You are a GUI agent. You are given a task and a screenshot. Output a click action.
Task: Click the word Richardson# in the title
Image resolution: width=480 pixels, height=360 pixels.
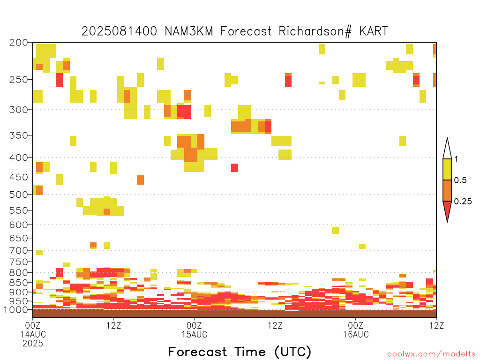[x=315, y=31]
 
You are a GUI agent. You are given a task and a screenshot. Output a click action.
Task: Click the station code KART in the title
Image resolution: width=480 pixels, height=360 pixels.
[x=374, y=31]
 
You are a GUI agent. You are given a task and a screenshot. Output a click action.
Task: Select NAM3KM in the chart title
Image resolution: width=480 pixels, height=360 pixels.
[x=188, y=31]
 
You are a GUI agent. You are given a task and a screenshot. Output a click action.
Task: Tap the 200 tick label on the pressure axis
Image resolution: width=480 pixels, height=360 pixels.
[x=19, y=43]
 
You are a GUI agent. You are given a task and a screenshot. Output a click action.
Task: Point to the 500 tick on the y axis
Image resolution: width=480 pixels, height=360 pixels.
[x=19, y=195]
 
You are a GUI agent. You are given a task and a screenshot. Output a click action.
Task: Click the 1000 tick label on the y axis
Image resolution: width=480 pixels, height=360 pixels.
[x=15, y=310]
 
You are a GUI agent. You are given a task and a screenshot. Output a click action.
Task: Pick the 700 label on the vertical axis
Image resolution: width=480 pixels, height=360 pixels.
[x=19, y=250]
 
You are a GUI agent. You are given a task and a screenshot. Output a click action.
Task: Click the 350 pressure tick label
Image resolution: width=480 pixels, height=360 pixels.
[x=19, y=135]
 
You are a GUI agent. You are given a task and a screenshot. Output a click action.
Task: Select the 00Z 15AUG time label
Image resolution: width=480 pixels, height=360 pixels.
[x=195, y=330]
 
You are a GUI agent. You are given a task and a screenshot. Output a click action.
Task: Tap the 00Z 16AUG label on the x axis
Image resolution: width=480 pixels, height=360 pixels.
[x=356, y=330]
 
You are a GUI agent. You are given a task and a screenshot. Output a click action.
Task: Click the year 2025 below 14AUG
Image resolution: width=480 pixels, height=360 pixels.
[x=33, y=344]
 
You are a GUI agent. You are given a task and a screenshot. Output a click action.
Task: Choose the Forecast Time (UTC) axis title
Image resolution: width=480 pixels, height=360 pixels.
[x=240, y=352]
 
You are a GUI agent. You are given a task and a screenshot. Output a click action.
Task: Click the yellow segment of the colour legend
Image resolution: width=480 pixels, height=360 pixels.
[x=447, y=169]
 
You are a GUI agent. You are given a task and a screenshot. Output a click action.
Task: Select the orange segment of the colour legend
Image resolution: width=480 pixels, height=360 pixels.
[x=447, y=190]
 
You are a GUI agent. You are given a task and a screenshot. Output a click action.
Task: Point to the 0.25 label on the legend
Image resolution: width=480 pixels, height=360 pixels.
[x=463, y=202]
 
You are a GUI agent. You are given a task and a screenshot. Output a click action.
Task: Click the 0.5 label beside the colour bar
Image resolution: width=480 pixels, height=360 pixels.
[x=460, y=180]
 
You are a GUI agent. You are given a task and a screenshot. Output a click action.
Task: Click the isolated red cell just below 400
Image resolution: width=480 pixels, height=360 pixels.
[x=234, y=168]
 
